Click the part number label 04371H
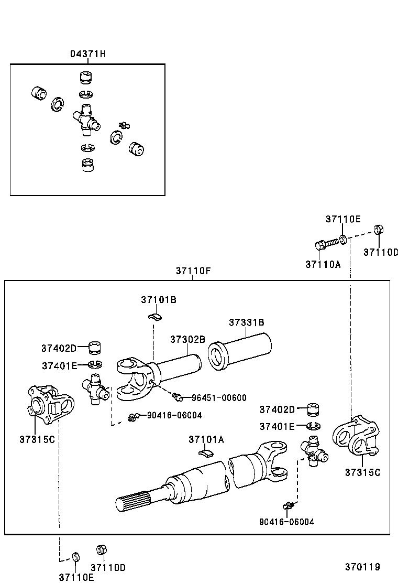88,54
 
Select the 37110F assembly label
193,271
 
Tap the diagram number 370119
362,567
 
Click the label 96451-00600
218,398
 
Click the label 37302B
187,339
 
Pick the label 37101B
158,300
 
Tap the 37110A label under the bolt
323,264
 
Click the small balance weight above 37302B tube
154,316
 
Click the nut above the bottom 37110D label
102,550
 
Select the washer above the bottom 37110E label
75,556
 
